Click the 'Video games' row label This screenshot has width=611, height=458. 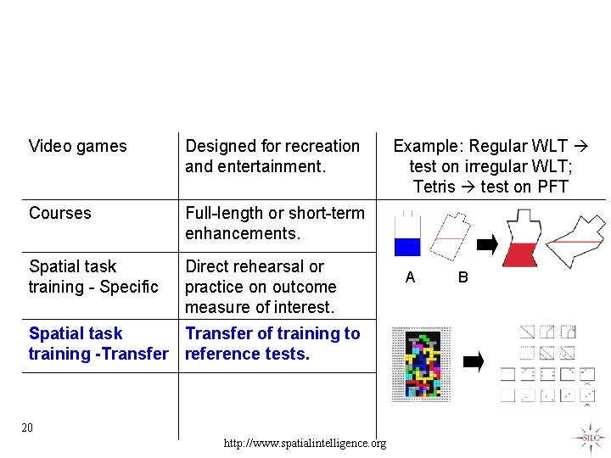(77, 146)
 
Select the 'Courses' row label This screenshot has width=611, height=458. (59, 213)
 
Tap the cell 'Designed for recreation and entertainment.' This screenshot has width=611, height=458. (272, 156)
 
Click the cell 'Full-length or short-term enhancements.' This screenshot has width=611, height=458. (274, 223)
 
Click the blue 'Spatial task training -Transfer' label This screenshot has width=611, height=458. (98, 343)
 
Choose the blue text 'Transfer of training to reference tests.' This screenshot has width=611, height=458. (272, 343)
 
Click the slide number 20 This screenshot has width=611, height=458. (27, 427)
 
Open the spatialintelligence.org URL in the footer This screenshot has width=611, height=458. (305, 443)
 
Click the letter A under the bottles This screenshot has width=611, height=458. (411, 276)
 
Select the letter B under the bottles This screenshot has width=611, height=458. (463, 276)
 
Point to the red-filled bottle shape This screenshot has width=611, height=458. (522, 240)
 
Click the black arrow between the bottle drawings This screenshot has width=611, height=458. (486, 244)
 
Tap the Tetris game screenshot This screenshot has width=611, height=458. (421, 363)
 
